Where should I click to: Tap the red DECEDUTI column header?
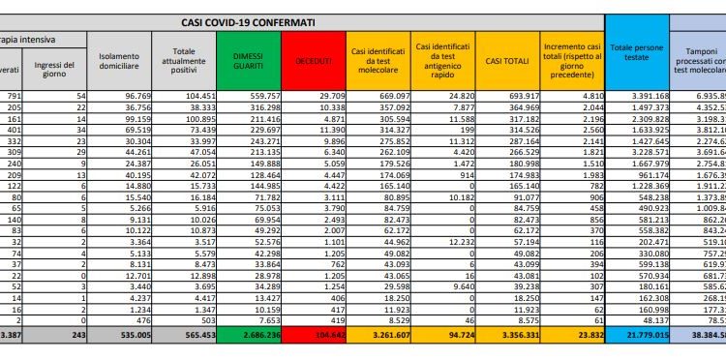point(313,59)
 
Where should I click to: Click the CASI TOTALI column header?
point(502,59)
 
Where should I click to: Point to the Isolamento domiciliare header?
point(118,59)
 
